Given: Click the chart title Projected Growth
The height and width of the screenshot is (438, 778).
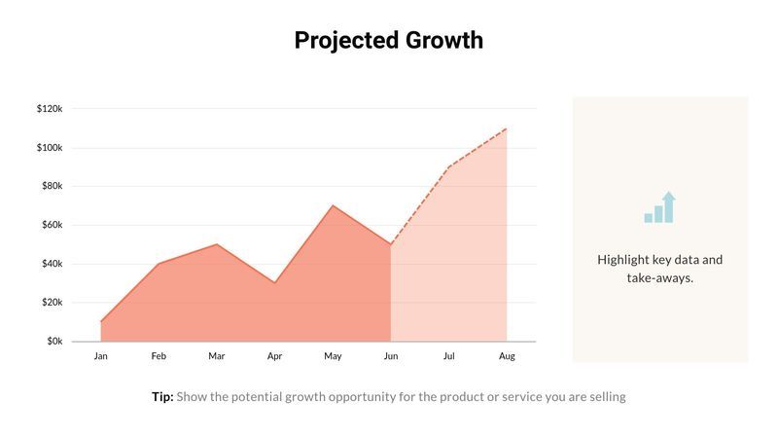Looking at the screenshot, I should tap(388, 40).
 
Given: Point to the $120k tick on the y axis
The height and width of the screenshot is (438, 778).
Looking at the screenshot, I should tap(50, 109).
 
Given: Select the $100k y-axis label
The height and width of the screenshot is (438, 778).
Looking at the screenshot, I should tap(50, 148).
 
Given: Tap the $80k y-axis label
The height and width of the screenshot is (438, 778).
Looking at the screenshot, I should tap(52, 186).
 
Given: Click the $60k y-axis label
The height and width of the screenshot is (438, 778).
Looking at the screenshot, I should tap(52, 225).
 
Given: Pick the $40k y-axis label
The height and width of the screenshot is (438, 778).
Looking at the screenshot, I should tap(52, 264).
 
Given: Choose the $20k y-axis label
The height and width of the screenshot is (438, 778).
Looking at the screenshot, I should tap(52, 303).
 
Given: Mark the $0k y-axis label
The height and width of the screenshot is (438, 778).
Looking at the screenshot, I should tap(53, 342).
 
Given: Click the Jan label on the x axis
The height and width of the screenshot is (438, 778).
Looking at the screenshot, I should tap(100, 356).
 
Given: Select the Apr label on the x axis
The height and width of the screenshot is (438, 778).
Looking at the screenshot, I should tap(274, 356).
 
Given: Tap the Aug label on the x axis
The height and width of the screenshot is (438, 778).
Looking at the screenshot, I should tap(507, 356).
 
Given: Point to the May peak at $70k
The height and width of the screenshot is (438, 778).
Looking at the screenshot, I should tap(333, 205).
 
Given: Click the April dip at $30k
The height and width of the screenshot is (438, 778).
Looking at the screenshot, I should tap(274, 283).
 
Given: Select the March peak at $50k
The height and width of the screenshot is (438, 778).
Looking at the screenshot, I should tap(216, 244).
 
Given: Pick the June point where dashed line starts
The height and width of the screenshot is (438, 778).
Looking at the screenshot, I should tap(391, 244).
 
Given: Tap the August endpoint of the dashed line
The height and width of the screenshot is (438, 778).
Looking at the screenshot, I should tap(507, 128).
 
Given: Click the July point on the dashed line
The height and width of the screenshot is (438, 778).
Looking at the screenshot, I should tap(448, 167).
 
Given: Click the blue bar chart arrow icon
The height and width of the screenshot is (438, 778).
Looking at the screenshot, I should tap(660, 208).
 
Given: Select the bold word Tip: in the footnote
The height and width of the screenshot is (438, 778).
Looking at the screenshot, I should tap(162, 397).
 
